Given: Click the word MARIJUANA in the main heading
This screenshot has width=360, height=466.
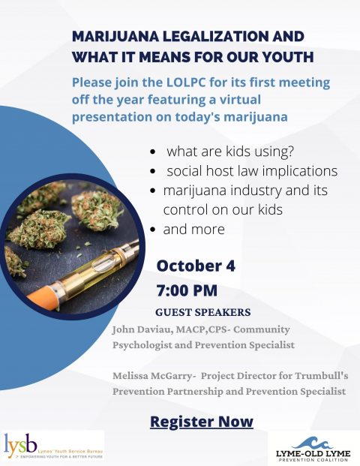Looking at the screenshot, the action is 115,37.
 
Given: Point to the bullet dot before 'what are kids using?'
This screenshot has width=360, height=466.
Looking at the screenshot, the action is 153,152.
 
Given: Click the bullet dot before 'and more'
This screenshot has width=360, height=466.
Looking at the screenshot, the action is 153,230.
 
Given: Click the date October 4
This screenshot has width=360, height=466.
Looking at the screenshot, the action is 196,266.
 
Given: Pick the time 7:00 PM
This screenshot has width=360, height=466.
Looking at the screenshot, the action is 187,290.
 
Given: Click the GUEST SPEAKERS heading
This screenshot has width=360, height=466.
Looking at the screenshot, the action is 203,312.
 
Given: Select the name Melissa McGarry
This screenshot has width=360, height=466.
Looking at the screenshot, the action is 152,376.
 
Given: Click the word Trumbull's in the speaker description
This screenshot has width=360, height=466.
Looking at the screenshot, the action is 322,376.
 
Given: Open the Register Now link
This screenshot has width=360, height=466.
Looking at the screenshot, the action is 202,422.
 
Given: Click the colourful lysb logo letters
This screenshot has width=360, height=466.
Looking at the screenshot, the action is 21,444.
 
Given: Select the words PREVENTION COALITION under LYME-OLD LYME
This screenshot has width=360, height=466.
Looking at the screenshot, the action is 313,460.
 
